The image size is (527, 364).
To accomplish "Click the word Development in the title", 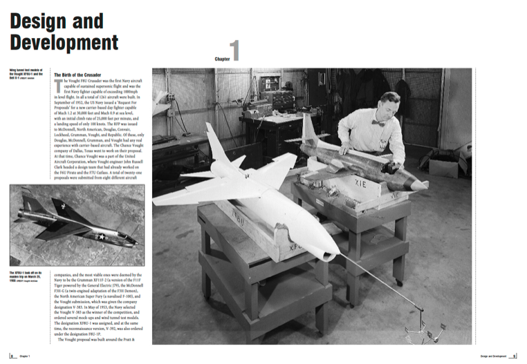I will pos(64,43).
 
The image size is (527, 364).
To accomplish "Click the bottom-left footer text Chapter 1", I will pos(24,356).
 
